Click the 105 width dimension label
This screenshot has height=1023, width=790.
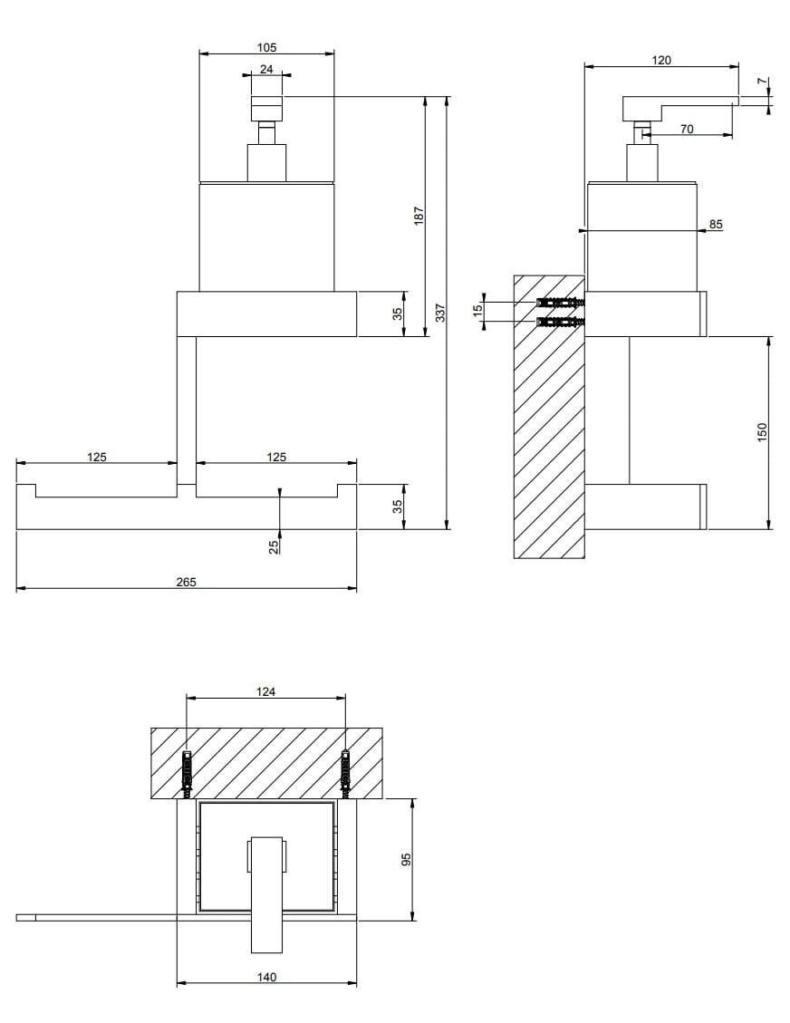click(266, 47)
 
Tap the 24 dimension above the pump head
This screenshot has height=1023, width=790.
click(266, 69)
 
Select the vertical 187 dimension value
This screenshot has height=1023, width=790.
click(419, 216)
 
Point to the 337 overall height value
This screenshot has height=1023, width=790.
click(440, 313)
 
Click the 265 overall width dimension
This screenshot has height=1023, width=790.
click(186, 582)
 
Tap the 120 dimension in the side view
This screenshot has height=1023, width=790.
click(661, 60)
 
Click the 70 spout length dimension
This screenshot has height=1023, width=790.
click(686, 130)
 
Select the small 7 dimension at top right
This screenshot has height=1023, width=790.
click(763, 82)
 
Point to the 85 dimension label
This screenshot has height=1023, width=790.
click(716, 224)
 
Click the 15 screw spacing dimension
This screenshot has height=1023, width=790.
click(477, 310)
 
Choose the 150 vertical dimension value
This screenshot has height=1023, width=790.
click(762, 431)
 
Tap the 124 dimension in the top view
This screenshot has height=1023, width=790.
click(265, 691)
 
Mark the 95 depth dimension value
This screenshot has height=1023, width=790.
click(407, 858)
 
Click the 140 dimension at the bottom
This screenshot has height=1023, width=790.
click(266, 977)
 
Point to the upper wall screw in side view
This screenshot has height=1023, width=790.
click(561, 302)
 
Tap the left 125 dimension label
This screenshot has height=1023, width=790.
click(97, 457)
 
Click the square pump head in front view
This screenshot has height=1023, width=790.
click(266, 108)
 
